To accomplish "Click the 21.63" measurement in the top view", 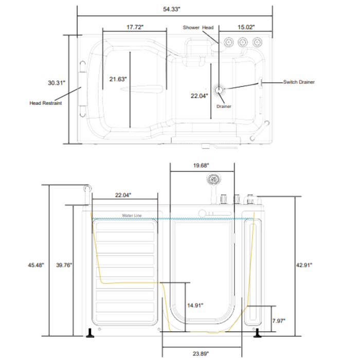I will click(118, 79).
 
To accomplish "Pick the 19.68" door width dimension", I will click(201, 166).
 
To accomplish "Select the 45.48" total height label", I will click(35, 265).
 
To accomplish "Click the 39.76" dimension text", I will click(64, 265).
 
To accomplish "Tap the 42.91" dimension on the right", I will click(304, 264).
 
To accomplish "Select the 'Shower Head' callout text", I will click(198, 27).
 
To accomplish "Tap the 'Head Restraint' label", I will click(46, 103).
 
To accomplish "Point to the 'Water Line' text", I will click(132, 215).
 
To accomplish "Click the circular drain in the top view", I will click(220, 91).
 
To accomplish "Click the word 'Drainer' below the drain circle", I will click(223, 106).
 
